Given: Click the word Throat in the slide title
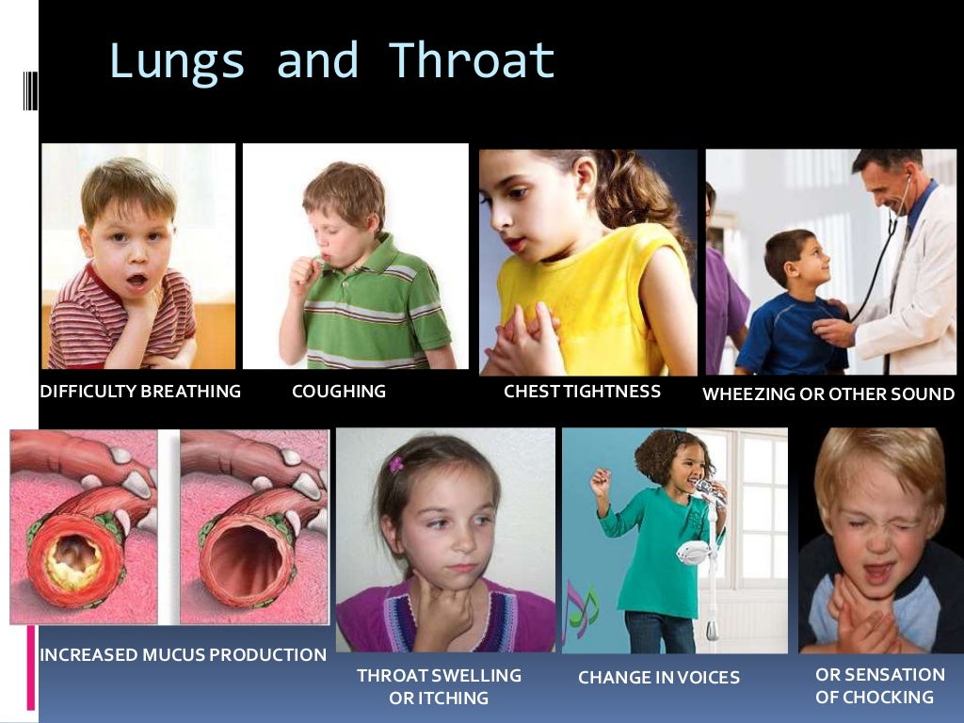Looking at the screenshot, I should [472, 60].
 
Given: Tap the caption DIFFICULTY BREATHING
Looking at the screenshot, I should [140, 391].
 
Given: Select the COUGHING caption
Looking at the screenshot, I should [339, 391].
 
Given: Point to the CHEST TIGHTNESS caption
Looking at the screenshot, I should [582, 391].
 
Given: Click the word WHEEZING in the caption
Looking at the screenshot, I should [748, 394].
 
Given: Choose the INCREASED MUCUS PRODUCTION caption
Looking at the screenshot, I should [183, 654].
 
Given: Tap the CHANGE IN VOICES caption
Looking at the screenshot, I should [659, 677].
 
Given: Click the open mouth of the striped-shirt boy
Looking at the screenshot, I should [137, 281].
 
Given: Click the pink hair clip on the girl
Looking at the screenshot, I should [396, 464].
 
